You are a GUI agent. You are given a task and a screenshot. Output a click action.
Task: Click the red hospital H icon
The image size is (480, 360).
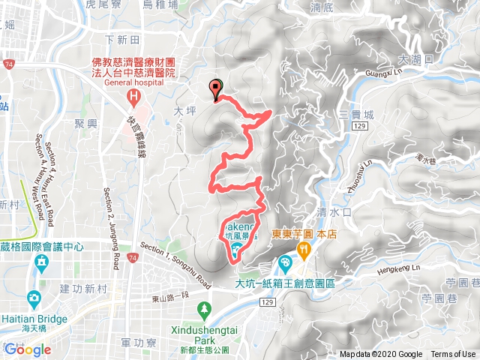pyautogui.click(x=134, y=96)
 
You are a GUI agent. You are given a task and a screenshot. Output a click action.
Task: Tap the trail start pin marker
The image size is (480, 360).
pyautogui.click(x=217, y=88)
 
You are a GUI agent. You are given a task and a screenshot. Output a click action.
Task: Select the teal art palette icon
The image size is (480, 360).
pyautogui.click(x=285, y=263)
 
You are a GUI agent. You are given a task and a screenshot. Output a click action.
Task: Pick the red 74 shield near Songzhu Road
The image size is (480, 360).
pyautogui.click(x=133, y=259)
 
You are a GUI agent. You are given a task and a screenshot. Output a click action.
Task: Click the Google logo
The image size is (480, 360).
pyautogui.click(x=27, y=349)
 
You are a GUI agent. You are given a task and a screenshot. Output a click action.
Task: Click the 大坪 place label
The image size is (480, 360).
pyautogui.click(x=184, y=111)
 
